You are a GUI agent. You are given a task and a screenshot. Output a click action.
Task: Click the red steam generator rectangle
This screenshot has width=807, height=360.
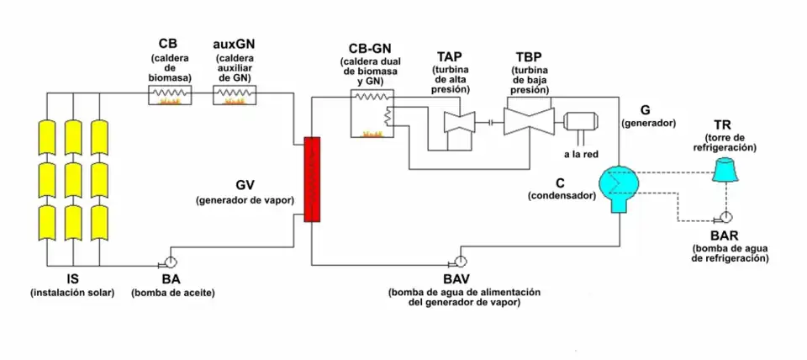[x=312, y=179]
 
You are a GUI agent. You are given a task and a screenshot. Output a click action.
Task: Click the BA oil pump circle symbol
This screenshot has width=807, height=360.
[x=171, y=261]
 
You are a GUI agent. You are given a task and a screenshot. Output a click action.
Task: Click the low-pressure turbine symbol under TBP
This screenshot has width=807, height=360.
[x=527, y=120]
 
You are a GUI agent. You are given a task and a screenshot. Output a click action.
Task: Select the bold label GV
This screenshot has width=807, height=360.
[x=245, y=186]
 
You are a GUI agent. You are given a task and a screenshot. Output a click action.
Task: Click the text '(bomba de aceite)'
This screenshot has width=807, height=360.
[x=172, y=293]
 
